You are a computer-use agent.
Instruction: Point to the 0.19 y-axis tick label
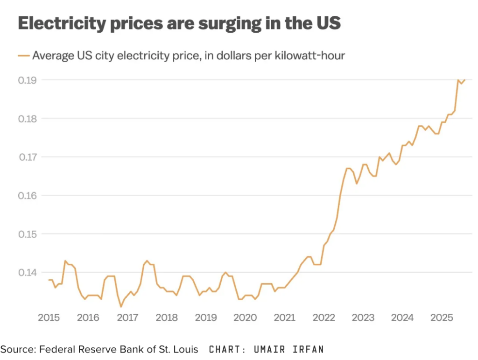click(28, 80)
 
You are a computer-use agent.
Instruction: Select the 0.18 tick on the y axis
click(28, 119)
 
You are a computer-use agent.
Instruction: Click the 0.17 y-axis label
click(28, 157)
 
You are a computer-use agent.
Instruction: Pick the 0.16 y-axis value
click(28, 195)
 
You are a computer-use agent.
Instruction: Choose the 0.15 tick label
click(28, 233)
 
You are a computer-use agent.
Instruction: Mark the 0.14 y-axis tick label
click(28, 272)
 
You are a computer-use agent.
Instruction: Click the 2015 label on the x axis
click(49, 318)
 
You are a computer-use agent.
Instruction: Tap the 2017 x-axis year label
click(127, 318)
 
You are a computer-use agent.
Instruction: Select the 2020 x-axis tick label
click(245, 318)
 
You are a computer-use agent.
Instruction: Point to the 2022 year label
click(323, 318)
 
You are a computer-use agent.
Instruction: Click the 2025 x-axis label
click(442, 318)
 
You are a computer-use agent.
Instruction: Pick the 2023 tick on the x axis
click(363, 318)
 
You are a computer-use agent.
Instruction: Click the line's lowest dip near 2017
click(121, 306)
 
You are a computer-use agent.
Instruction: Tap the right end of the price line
click(464, 80)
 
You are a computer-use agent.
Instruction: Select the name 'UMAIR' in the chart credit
click(272, 349)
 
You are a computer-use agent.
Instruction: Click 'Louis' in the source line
click(187, 349)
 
